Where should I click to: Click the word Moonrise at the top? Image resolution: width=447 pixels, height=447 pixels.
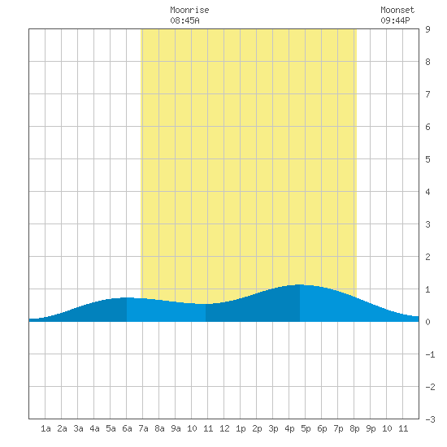(189, 10)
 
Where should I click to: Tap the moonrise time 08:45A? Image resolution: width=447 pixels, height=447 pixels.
(184, 20)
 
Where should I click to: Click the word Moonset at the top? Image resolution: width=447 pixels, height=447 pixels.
(397, 10)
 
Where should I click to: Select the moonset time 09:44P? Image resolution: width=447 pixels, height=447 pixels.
(395, 20)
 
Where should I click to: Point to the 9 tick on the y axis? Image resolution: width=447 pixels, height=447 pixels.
(427, 29)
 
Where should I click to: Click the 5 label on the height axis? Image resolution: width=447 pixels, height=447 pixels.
(427, 159)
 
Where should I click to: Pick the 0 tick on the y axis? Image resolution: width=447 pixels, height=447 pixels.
(427, 322)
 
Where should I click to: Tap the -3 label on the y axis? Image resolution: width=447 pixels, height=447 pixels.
(430, 419)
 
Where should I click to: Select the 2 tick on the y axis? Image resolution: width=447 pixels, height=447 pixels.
(427, 257)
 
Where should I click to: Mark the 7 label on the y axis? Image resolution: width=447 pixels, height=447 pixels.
(427, 94)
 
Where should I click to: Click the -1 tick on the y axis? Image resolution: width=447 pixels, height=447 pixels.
(430, 354)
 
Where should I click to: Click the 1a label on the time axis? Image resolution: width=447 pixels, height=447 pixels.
(46, 428)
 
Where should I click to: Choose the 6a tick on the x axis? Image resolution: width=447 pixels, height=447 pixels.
(127, 428)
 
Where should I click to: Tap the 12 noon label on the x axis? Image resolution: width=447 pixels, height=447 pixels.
(224, 428)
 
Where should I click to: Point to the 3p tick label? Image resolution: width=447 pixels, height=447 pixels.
(273, 428)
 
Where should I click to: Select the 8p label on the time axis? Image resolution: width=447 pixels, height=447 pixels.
(354, 428)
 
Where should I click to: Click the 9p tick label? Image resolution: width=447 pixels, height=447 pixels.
(371, 428)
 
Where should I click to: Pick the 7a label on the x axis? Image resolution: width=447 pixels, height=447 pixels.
(143, 428)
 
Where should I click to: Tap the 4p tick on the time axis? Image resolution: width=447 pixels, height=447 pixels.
(289, 428)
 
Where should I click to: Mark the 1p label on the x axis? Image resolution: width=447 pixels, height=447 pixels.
(241, 428)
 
